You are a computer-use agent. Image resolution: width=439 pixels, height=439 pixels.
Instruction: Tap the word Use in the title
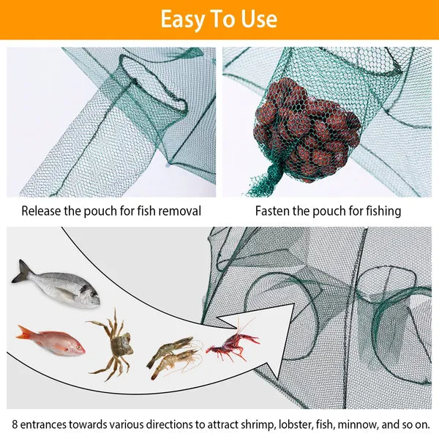(258, 20)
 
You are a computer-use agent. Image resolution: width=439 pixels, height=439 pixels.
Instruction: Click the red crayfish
(232, 345)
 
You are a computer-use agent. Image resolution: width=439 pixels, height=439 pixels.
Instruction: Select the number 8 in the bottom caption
(15, 424)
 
